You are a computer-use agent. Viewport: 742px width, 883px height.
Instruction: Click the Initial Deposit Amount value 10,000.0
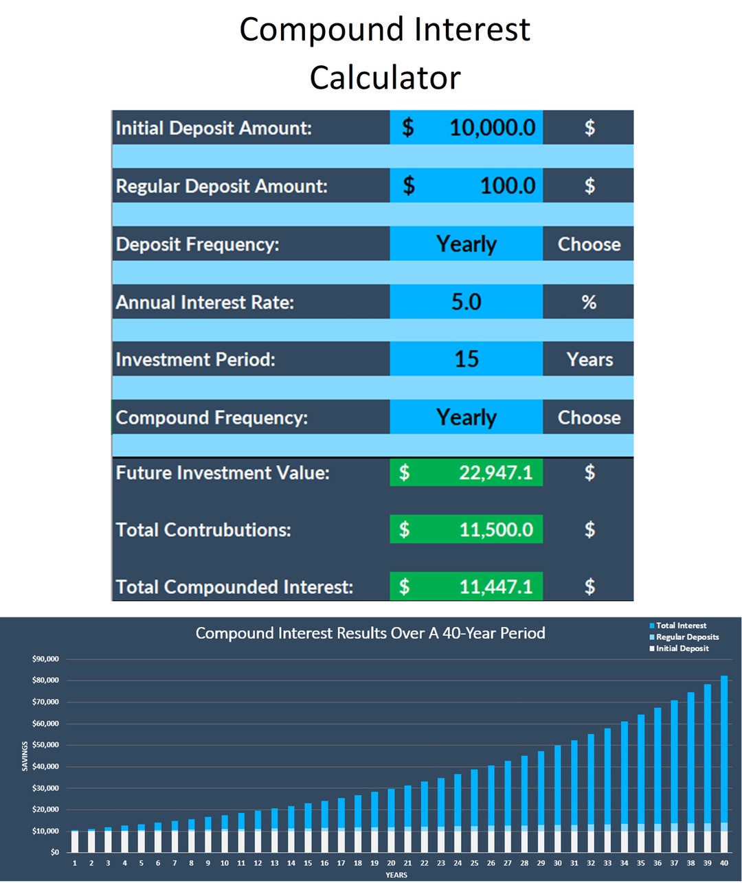(492, 128)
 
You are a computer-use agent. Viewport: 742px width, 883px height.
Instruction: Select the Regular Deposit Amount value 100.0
(507, 186)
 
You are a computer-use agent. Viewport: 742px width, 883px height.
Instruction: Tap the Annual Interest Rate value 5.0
(466, 302)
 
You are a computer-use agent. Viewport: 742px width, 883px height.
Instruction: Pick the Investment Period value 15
(466, 359)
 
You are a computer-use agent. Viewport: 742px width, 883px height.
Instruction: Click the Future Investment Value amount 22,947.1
(495, 472)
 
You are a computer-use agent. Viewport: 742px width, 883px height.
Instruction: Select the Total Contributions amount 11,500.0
(495, 529)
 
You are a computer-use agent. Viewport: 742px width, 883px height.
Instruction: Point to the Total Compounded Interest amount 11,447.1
(495, 586)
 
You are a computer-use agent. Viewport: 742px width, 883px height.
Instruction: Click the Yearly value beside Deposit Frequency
(466, 244)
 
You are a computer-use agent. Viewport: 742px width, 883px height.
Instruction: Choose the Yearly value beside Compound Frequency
(466, 417)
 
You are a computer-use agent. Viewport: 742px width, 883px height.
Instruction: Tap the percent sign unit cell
(589, 302)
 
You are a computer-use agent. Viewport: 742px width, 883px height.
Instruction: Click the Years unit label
(589, 359)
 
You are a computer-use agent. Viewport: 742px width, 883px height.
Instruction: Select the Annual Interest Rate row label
(205, 302)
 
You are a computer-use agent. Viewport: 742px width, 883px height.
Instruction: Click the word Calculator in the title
(385, 77)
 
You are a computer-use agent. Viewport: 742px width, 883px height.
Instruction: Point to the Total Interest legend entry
(680, 626)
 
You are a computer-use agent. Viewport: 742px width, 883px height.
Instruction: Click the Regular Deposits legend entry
(686, 637)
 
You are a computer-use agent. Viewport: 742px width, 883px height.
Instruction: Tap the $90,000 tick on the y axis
(45, 659)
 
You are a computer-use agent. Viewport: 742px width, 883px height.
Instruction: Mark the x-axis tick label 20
(391, 863)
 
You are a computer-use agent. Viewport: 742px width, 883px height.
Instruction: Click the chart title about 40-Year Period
(370, 633)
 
